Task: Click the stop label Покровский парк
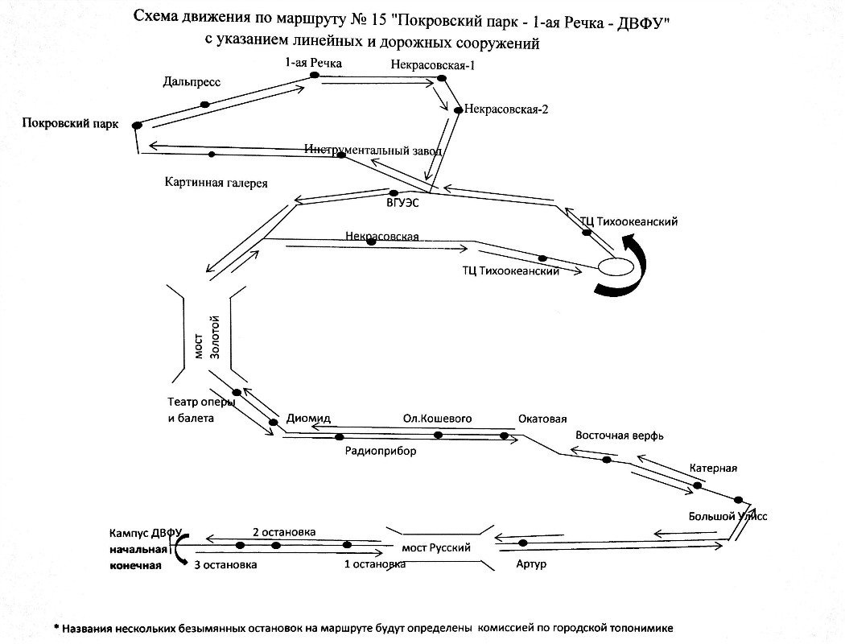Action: point(71,123)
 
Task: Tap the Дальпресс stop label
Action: point(191,81)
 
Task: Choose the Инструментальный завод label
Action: point(373,150)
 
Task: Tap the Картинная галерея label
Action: point(215,182)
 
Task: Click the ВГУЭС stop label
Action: point(403,204)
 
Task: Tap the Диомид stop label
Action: point(308,418)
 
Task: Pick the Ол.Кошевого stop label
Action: point(437,418)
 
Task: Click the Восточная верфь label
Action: point(619,435)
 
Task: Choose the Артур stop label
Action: point(532,564)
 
